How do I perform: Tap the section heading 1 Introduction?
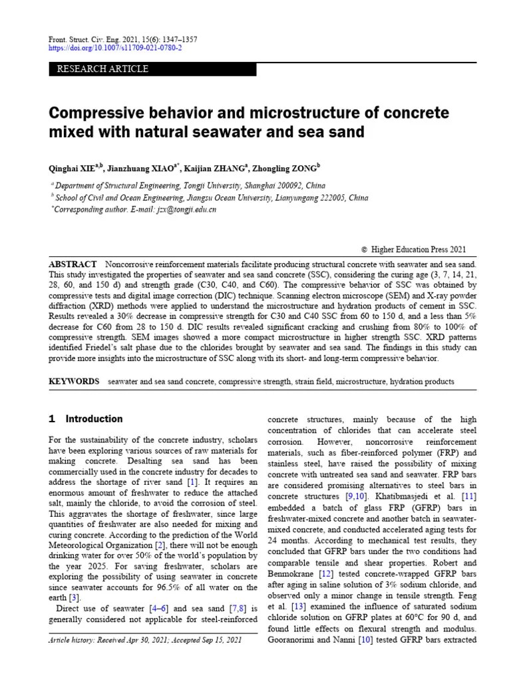pyautogui.click(x=86, y=419)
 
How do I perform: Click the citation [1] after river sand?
pyautogui.click(x=192, y=481)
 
